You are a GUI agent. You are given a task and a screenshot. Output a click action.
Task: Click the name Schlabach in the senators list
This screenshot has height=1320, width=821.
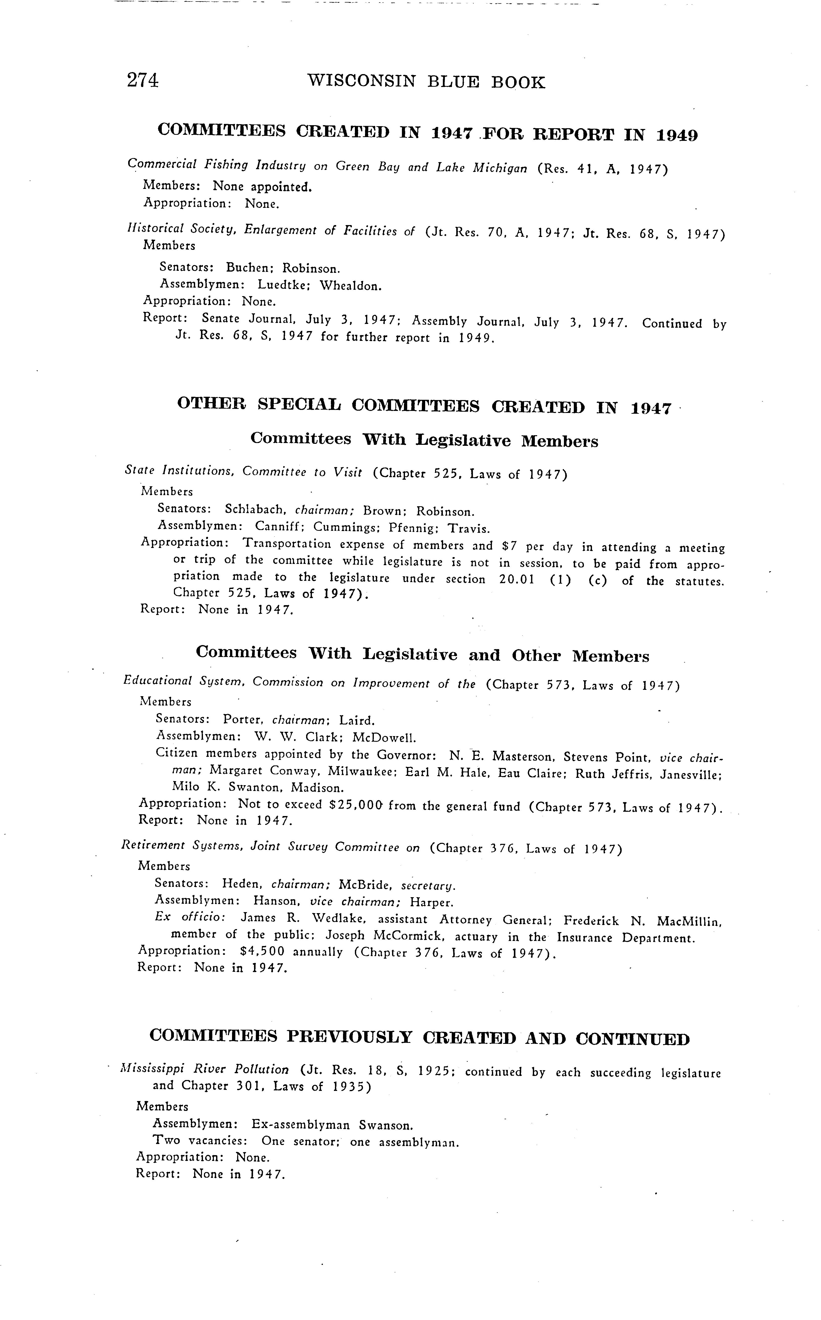click(255, 510)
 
